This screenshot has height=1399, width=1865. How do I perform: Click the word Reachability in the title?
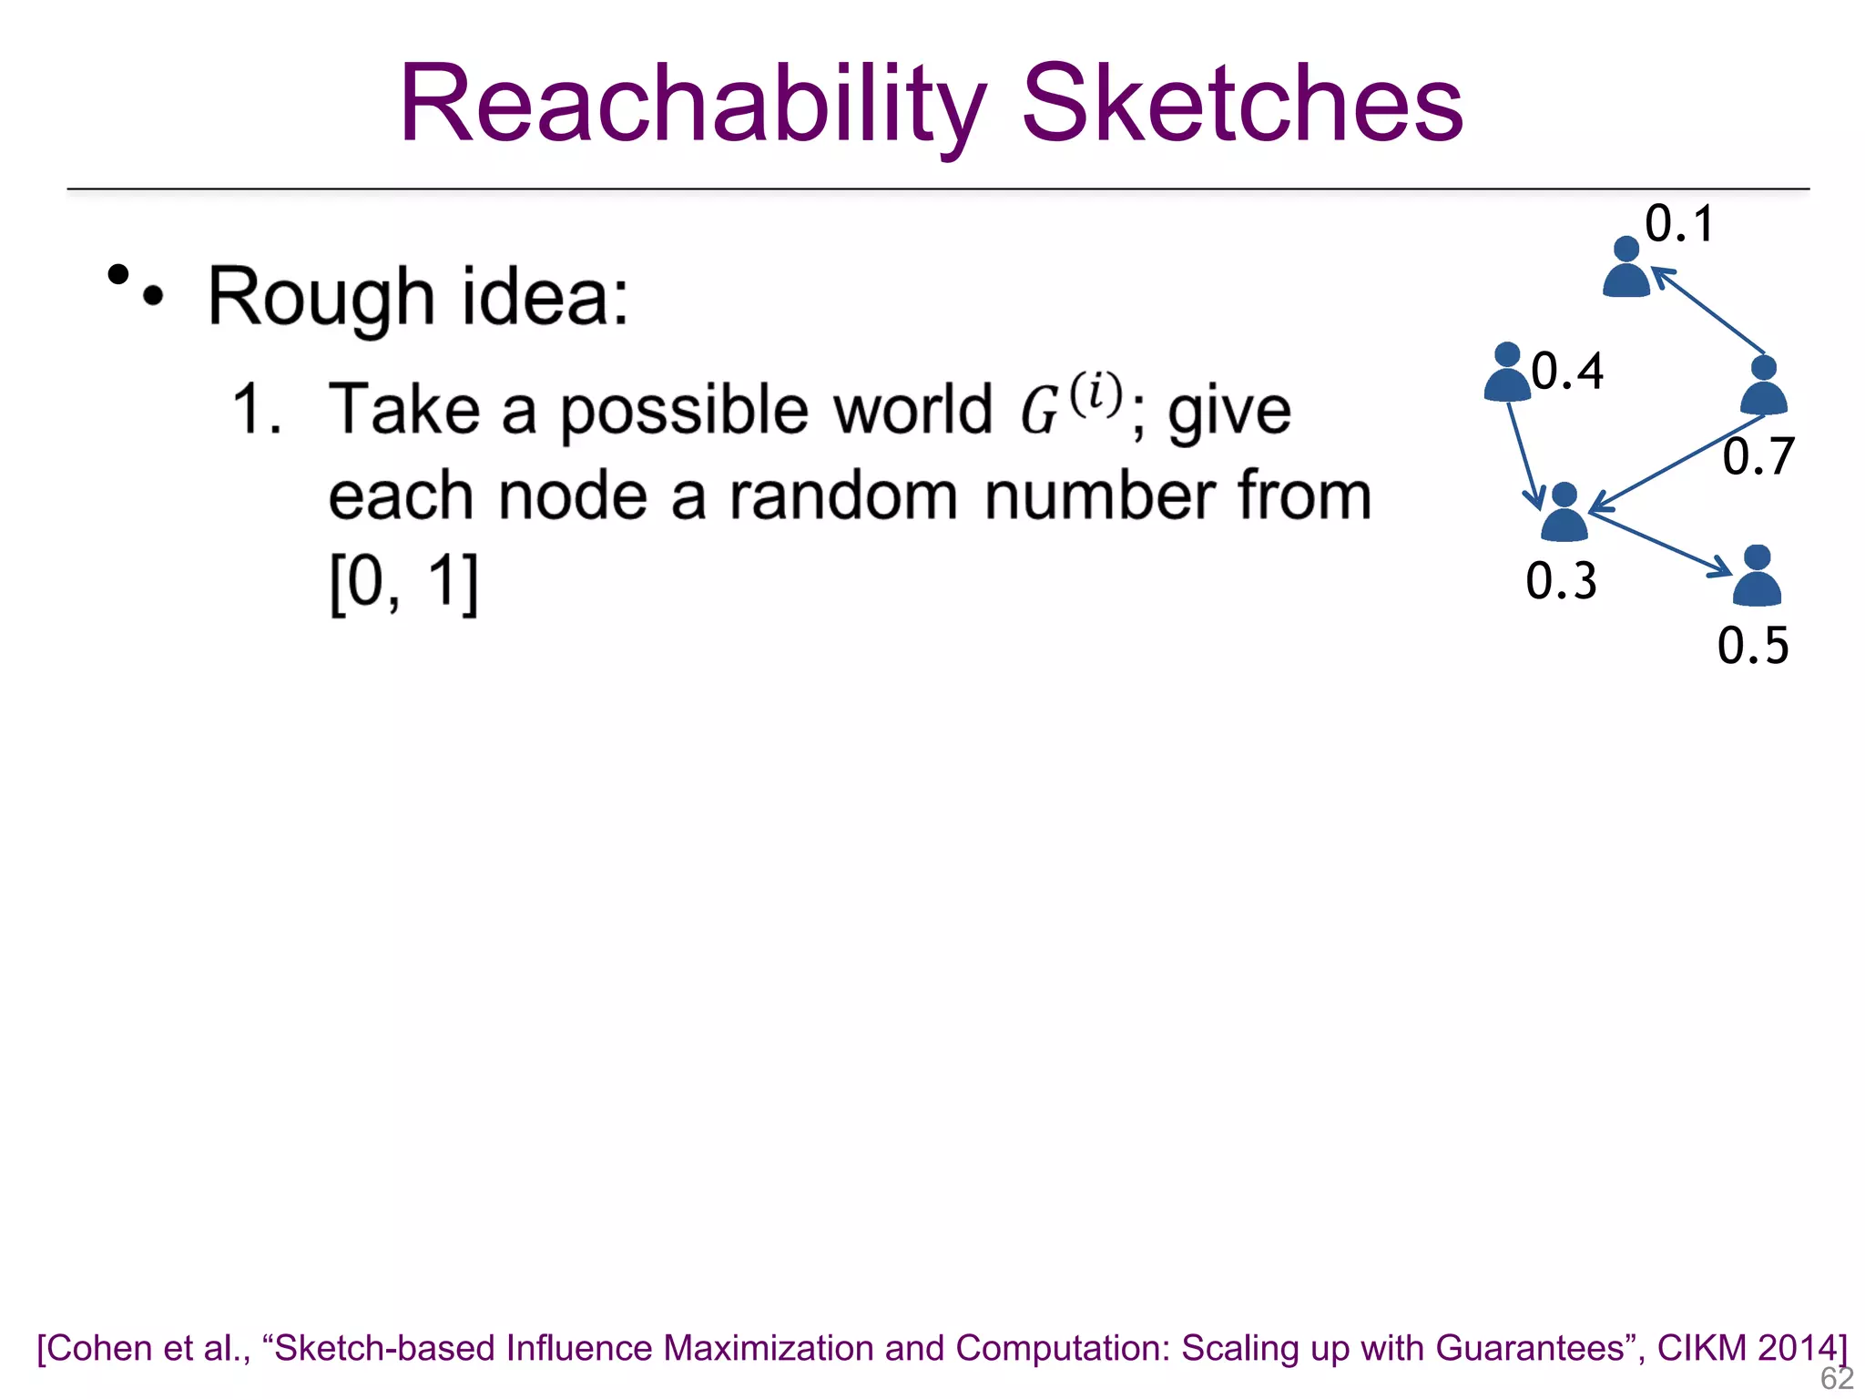click(x=692, y=105)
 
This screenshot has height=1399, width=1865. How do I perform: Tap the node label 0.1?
click(x=1679, y=224)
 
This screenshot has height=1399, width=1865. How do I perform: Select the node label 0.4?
click(x=1567, y=372)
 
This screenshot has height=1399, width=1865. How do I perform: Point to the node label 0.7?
click(x=1758, y=456)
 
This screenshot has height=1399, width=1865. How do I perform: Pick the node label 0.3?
click(x=1561, y=581)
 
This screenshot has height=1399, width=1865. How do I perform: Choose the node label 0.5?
click(x=1753, y=646)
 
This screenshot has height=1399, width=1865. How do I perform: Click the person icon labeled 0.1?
click(x=1626, y=268)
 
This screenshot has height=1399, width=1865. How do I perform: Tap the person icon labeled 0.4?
click(x=1507, y=373)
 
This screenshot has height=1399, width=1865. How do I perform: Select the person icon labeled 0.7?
click(x=1764, y=386)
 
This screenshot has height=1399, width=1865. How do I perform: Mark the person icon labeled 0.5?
click(x=1757, y=577)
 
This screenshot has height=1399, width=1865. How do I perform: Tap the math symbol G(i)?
click(x=1070, y=405)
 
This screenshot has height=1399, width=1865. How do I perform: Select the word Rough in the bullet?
click(x=321, y=297)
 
